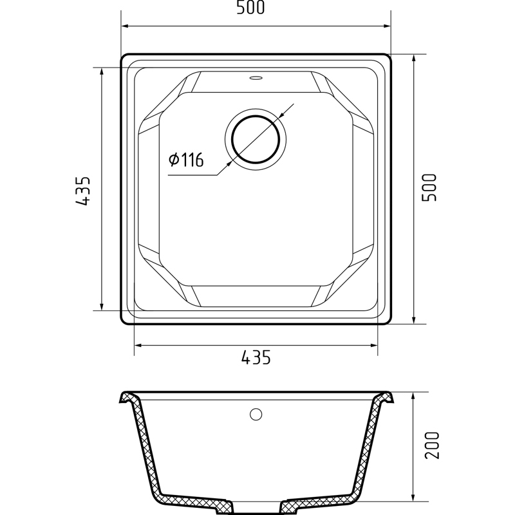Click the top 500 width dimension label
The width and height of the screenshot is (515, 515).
250,8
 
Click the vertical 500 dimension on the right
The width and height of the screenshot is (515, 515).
429,187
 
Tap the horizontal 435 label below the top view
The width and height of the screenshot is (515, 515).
256,357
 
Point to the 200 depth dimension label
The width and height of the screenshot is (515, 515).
432,445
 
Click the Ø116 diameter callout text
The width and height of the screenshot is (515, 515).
186,160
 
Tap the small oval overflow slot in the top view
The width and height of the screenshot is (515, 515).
256,78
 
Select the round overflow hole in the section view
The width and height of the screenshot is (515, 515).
256,415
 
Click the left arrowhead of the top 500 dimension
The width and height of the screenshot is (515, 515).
125,26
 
